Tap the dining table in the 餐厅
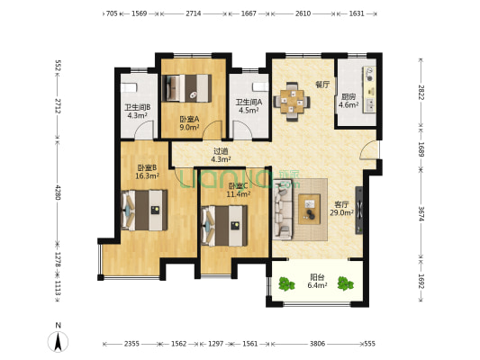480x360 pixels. pos(292,101)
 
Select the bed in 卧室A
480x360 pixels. pos(186,88)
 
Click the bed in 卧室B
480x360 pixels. pos(144,210)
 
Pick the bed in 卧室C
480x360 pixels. pos(224,226)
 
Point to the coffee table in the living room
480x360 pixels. pos(310,209)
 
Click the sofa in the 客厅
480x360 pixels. pos(283,210)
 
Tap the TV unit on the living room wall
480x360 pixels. pos(359,210)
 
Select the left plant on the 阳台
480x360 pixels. pos(286,283)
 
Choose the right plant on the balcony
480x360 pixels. pos(345,283)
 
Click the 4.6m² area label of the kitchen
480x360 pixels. pos(349,105)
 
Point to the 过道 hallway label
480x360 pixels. pos(221,151)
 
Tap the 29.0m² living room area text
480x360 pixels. pos(341,212)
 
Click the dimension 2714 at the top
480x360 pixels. pos(194,13)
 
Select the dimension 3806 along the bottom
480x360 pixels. pos(317,344)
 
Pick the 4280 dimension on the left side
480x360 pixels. pos(58,192)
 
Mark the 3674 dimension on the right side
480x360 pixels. pos(421,214)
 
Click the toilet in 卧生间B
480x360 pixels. pos(129,87)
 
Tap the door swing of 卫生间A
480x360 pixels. pos(242,129)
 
